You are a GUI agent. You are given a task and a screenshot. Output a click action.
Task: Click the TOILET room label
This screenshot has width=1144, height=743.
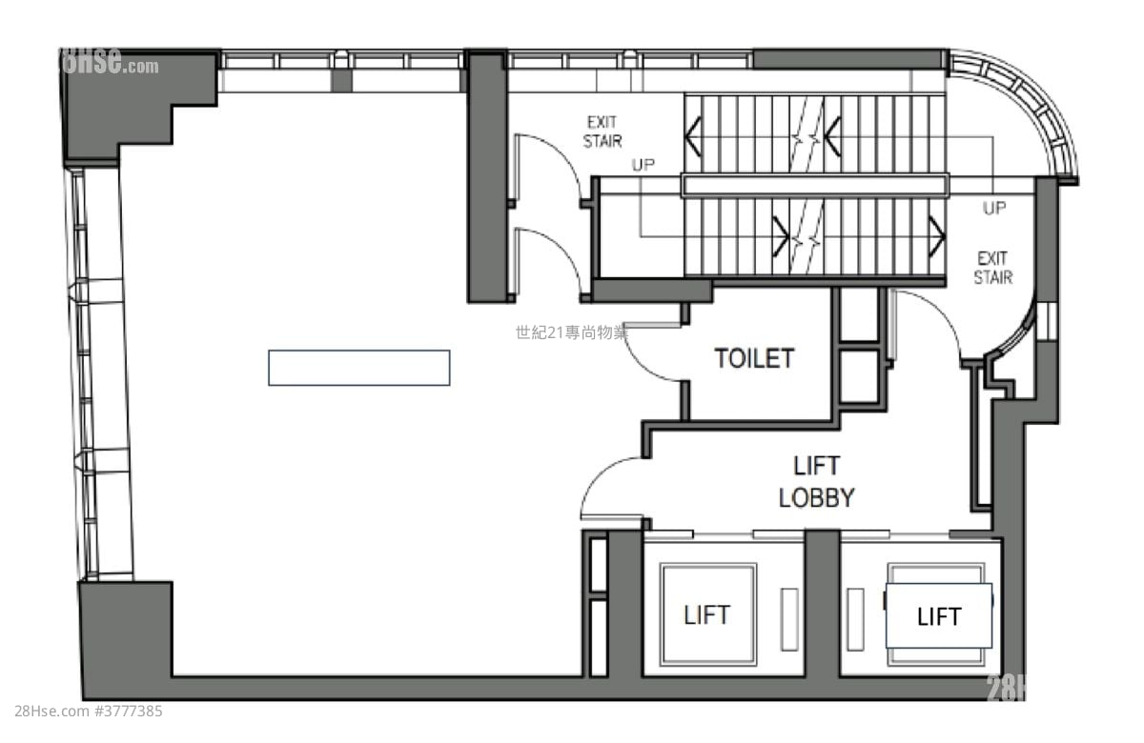tap(754, 358)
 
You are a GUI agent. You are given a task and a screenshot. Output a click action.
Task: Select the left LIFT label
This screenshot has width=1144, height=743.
tap(707, 614)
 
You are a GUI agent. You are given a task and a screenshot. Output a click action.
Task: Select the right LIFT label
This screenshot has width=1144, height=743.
tap(939, 617)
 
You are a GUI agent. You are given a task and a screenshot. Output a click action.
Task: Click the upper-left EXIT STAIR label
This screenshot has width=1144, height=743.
tap(603, 131)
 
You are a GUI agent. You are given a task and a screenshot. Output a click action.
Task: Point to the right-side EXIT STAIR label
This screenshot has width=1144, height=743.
tap(992, 268)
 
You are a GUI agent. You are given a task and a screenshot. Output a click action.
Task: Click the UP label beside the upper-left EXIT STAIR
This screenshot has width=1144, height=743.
tap(643, 165)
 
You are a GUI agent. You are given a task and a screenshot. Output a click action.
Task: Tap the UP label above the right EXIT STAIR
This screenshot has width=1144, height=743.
tap(994, 209)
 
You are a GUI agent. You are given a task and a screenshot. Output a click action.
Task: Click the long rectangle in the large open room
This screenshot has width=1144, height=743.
tap(358, 368)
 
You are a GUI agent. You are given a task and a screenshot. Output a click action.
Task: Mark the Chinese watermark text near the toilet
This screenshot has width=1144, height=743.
tap(571, 332)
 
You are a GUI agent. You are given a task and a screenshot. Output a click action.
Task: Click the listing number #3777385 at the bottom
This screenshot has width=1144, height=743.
tap(129, 711)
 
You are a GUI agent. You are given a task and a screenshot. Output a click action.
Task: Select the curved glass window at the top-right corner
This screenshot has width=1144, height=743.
tap(1034, 110)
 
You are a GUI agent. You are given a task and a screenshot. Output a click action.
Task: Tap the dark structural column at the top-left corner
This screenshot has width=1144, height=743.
tap(133, 100)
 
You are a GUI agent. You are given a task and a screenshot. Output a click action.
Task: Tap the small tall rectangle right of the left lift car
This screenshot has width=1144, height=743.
tap(789, 619)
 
